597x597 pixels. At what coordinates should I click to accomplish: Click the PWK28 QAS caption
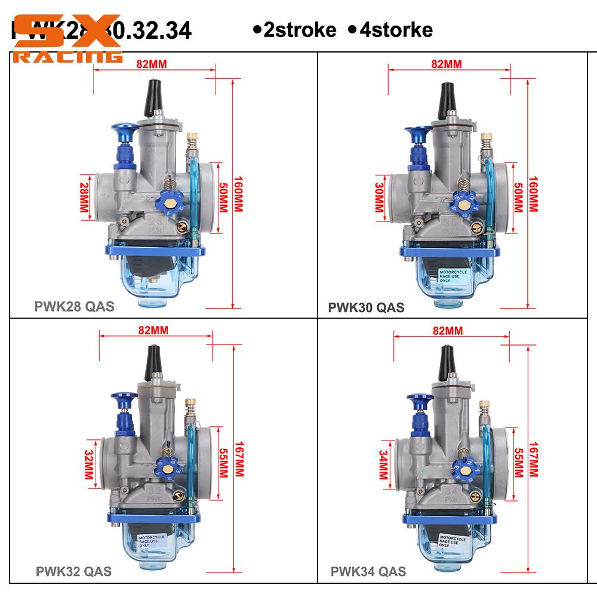click(x=73, y=307)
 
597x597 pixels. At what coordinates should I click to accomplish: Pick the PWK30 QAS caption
click(x=366, y=307)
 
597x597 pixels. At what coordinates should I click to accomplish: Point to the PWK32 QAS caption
click(x=73, y=571)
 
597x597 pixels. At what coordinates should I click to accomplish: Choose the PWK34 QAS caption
click(x=368, y=571)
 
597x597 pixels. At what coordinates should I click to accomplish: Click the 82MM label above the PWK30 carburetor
click(x=447, y=64)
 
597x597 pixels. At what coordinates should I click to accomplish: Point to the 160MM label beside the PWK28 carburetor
click(x=238, y=193)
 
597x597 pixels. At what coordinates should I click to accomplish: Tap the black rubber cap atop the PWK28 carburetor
click(x=149, y=97)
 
